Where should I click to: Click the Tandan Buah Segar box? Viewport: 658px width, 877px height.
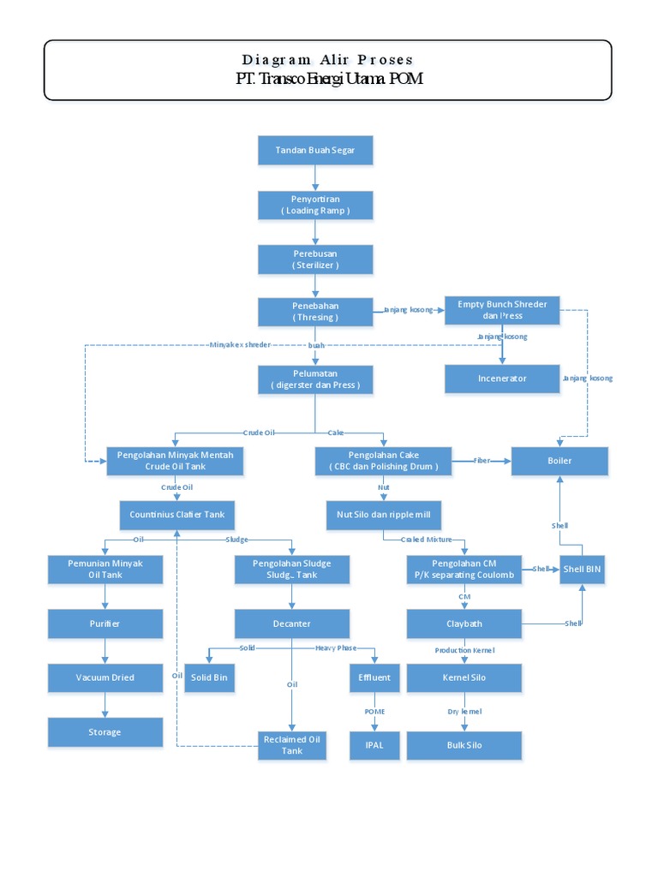click(x=315, y=150)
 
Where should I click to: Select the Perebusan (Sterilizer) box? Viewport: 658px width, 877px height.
click(x=315, y=259)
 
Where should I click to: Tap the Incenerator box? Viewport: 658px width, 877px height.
click(x=502, y=379)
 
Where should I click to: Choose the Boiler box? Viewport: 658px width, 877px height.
click(x=559, y=461)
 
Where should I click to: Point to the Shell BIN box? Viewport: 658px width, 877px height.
click(x=583, y=570)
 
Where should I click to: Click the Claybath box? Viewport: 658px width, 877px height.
click(x=464, y=623)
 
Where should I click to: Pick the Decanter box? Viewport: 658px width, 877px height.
click(x=292, y=623)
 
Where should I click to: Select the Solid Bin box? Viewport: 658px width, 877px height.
click(x=210, y=677)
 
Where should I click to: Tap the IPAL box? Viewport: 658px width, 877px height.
click(x=374, y=745)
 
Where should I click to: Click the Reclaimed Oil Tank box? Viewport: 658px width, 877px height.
click(x=292, y=745)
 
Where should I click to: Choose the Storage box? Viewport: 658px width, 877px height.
click(x=105, y=732)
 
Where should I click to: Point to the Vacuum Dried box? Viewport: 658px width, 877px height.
click(x=105, y=677)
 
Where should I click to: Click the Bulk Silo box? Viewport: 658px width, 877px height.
click(x=464, y=745)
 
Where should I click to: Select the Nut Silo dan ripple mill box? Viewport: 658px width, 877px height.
click(x=384, y=515)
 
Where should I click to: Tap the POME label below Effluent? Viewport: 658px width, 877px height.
click(x=374, y=712)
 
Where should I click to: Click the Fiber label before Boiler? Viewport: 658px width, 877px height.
click(x=482, y=461)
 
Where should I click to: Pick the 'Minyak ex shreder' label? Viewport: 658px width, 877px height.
click(x=240, y=345)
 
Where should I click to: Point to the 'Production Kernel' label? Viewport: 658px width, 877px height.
click(x=464, y=650)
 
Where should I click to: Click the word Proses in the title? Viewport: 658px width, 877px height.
click(x=386, y=60)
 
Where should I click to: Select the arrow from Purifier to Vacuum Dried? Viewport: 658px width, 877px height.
click(x=105, y=651)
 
